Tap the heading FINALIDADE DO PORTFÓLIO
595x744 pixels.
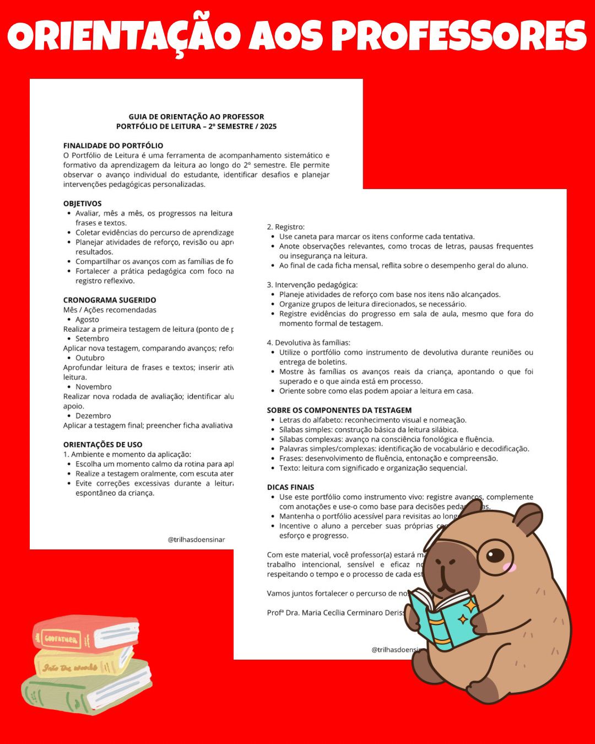pos(113,145)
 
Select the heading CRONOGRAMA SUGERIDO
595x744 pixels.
pos(110,300)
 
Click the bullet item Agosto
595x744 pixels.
pos(87,319)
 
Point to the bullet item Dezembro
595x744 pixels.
pos(93,416)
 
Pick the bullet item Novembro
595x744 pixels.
pos(93,387)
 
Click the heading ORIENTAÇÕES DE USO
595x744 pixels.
pos(102,444)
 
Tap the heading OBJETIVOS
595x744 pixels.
pos(83,203)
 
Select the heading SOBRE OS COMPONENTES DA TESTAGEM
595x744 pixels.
pos(339,410)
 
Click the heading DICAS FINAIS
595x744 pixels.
pos(290,487)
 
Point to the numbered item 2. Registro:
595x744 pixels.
pos(285,227)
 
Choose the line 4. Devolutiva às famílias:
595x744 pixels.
pos(309,343)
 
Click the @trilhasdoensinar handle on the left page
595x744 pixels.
pos(196,540)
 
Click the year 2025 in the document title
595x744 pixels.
pos(268,126)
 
